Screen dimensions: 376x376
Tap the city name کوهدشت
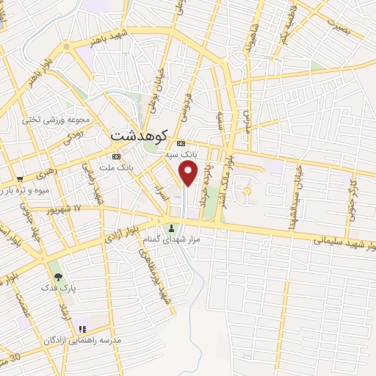pos(139,136)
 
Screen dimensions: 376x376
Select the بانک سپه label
pos(181,154)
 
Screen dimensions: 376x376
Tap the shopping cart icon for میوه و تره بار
pos(20,178)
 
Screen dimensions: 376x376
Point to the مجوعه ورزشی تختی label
pos(55,119)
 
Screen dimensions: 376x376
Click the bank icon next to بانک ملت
pos(115,157)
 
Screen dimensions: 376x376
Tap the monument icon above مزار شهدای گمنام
pos(172,227)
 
